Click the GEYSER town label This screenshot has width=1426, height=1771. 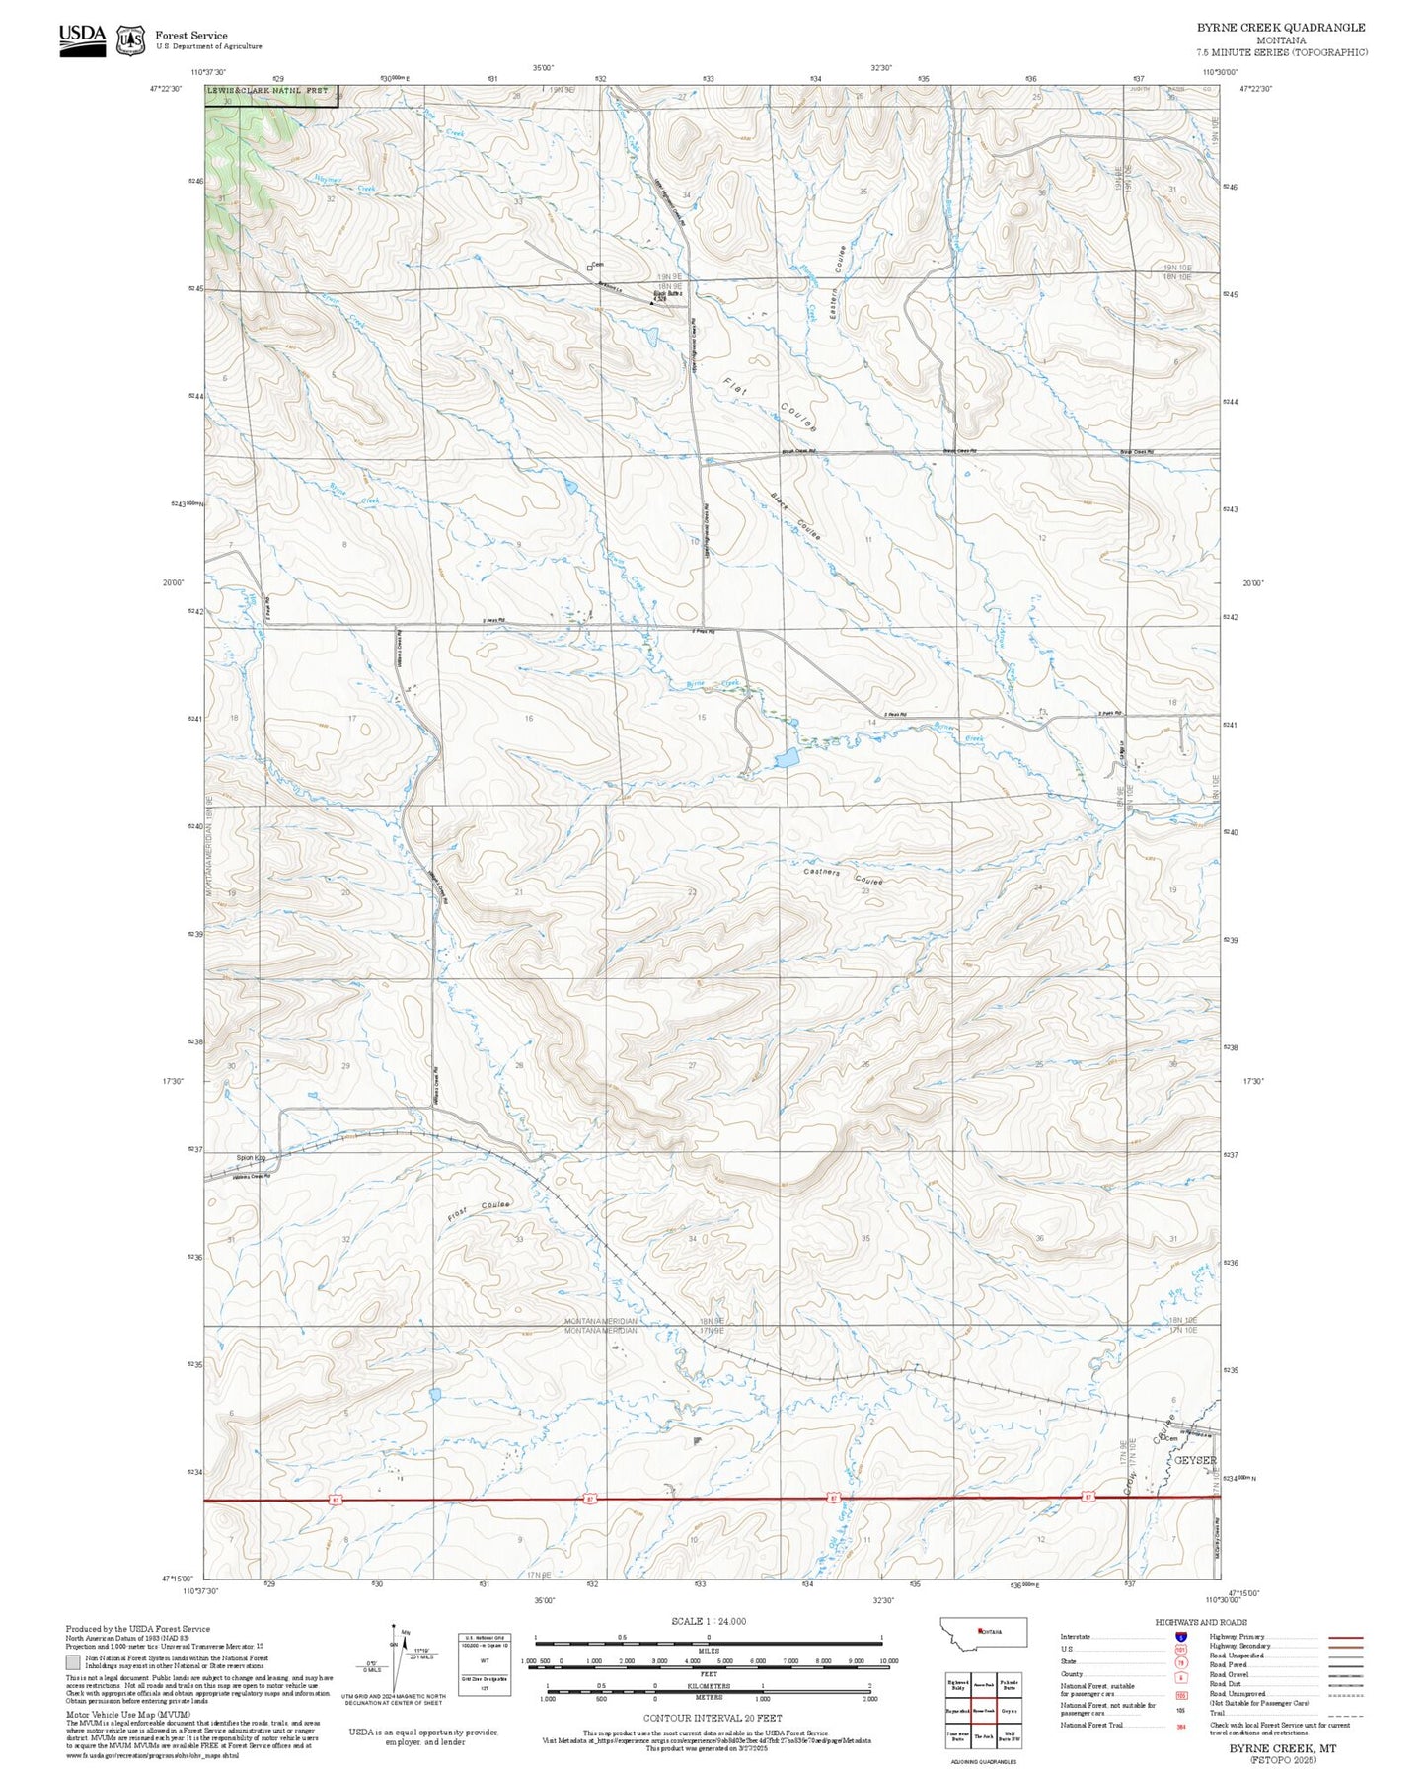pos(1194,1460)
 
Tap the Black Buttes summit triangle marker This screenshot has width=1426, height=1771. pos(651,303)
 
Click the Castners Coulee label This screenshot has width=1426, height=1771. pos(843,875)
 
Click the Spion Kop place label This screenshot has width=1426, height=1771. pos(251,1158)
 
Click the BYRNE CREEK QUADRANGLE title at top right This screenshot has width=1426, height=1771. pos(1281,28)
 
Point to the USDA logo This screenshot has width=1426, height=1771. pos(82,39)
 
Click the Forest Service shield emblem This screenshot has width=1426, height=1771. pos(130,40)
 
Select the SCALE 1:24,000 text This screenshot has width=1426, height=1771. pos(709,1621)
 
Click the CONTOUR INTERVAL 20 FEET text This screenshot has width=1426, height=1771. pos(712,1718)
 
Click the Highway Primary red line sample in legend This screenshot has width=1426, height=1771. pos(1345,1637)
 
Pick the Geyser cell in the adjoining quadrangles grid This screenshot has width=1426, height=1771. pos(1009,1711)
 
